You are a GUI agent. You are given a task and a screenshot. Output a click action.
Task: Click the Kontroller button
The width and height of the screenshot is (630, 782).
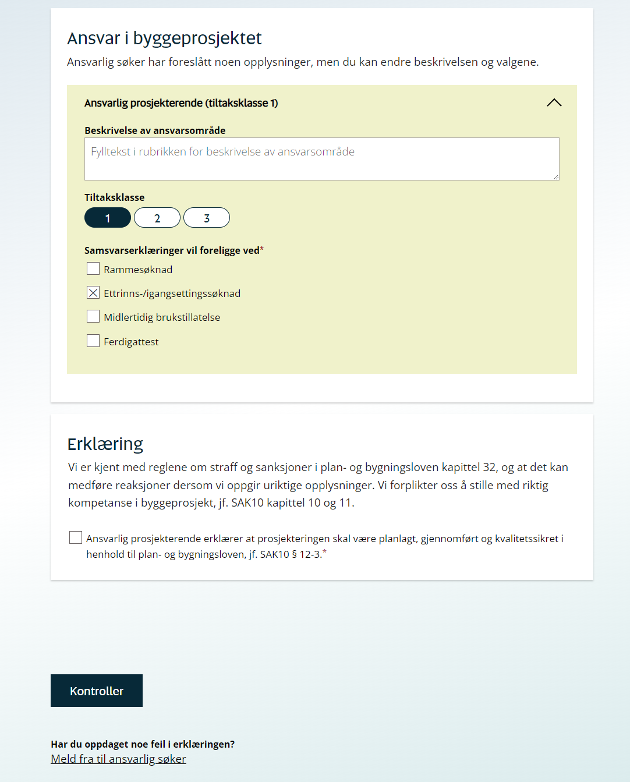97,691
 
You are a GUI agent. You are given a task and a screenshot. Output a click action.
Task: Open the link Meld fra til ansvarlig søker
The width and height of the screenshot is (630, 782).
118,759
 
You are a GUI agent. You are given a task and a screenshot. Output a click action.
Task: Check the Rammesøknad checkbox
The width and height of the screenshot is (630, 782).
93,268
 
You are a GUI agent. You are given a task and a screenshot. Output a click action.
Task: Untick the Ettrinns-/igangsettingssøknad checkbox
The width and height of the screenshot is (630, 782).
93,292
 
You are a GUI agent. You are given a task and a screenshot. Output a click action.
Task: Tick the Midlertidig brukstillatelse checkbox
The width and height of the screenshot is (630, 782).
93,316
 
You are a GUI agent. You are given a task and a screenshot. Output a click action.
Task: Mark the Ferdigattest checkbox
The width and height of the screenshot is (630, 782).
93,341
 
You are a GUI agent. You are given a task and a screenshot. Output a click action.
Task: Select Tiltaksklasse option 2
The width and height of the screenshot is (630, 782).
157,218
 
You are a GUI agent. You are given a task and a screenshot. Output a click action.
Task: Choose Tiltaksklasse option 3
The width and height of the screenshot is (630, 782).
207,218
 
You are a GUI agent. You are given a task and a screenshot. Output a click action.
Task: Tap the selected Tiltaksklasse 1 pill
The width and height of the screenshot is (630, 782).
108,218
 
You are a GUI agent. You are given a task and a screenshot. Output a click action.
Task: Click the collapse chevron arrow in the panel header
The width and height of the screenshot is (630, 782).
554,102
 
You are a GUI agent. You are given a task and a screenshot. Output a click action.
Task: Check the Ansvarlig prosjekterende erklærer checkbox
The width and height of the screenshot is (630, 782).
76,537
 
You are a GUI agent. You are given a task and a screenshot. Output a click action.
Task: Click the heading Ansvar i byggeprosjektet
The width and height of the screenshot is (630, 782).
164,38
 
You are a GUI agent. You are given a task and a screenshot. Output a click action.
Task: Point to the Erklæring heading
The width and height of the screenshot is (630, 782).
105,444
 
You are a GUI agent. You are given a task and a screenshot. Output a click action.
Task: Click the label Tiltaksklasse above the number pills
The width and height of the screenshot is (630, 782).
114,197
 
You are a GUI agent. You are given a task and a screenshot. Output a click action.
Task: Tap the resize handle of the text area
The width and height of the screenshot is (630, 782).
556,177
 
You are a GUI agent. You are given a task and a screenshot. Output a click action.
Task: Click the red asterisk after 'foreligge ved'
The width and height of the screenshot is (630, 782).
262,249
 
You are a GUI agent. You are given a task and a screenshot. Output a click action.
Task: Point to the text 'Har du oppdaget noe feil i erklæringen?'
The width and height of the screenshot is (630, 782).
143,744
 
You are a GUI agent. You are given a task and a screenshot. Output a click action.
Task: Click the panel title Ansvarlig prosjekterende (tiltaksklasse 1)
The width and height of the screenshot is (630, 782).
181,103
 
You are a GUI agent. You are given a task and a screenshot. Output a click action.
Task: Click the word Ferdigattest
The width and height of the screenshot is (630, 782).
131,342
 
